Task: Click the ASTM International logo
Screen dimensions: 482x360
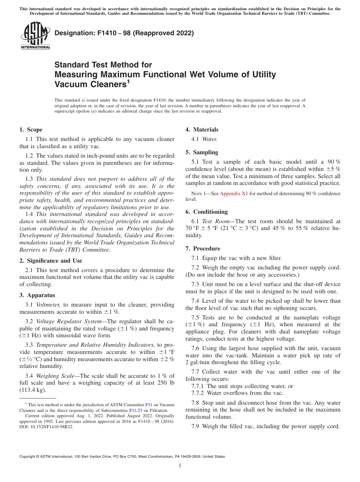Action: (x=35, y=37)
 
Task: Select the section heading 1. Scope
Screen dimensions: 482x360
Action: (x=31, y=130)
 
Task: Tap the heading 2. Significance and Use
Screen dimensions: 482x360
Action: (x=50, y=261)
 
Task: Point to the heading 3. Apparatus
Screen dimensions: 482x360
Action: (x=37, y=295)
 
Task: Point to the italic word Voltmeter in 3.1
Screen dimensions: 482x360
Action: (x=49, y=305)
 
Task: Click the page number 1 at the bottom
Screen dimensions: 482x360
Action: (x=180, y=466)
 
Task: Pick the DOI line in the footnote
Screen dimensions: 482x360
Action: (x=47, y=426)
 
